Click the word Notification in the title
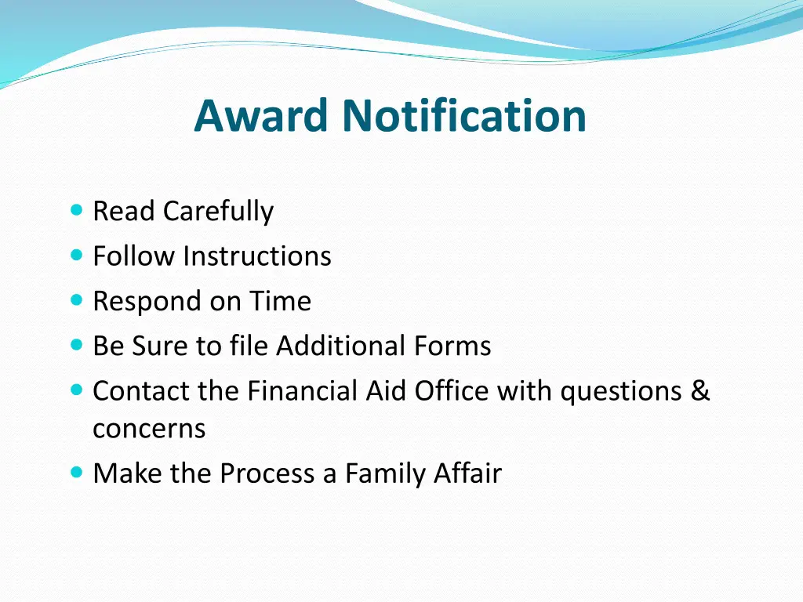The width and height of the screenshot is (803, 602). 463,115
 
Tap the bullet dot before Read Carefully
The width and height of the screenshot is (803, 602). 76,210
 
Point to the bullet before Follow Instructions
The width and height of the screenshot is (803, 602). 76,255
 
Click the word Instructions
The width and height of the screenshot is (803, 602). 257,256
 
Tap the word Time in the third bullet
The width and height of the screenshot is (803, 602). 280,301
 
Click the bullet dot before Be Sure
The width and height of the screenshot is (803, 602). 76,344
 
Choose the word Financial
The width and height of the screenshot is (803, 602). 304,390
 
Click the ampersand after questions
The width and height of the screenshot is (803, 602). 700,390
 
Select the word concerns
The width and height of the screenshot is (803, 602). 149,429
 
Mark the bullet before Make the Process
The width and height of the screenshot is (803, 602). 76,473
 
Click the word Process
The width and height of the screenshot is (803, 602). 267,473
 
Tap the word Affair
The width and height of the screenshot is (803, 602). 467,473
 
